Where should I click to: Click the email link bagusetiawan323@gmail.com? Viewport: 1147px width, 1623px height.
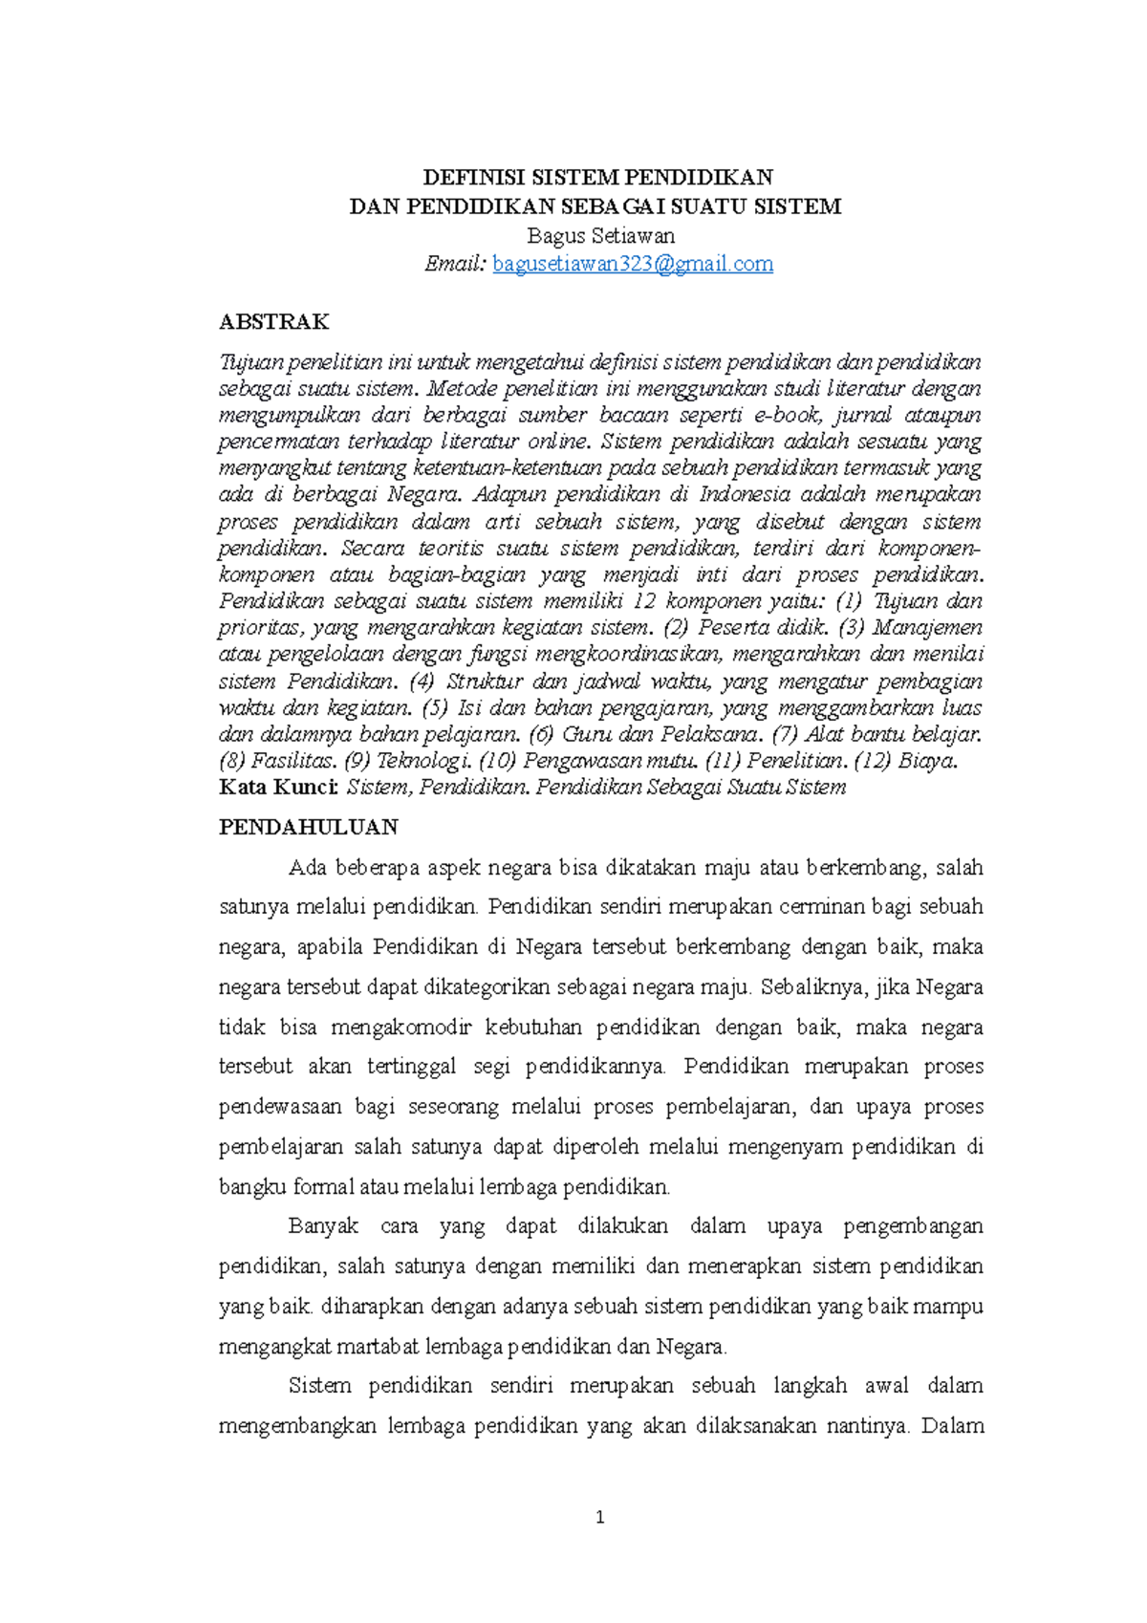(633, 265)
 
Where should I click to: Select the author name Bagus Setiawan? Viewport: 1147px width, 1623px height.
(600, 236)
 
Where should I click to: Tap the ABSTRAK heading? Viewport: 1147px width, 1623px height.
(273, 322)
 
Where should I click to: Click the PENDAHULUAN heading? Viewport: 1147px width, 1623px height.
(308, 827)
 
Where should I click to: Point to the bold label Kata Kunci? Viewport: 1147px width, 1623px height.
(278, 788)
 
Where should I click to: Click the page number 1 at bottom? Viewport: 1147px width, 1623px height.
(599, 1517)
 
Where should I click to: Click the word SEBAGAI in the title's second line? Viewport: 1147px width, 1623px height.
(612, 206)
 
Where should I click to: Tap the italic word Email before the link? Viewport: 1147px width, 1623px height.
(455, 265)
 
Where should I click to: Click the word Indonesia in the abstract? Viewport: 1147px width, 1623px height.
(745, 494)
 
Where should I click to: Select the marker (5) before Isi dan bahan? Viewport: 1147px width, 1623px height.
(435, 708)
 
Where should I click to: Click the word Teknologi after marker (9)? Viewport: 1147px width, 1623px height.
(423, 761)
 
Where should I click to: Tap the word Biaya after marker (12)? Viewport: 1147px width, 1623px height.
(926, 761)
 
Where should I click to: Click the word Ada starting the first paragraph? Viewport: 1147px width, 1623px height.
(307, 868)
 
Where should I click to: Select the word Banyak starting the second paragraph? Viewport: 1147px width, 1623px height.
(323, 1226)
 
